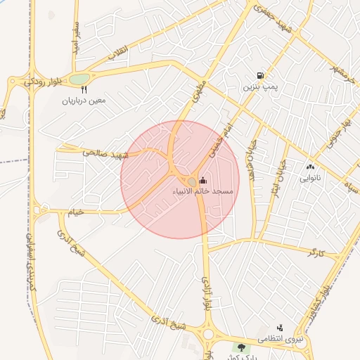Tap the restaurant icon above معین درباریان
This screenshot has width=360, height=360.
coord(84,89)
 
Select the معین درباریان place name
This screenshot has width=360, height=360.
coord(84,100)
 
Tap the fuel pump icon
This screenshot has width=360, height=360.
coord(261,76)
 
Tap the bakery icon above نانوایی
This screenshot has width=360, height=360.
coord(310,167)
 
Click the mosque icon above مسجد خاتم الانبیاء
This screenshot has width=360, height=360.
coord(203,181)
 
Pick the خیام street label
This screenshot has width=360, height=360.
coord(75,211)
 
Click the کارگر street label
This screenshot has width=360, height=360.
coord(316,252)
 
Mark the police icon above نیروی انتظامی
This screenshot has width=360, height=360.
coord(280,328)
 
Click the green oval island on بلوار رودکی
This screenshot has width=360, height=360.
coord(80,79)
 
